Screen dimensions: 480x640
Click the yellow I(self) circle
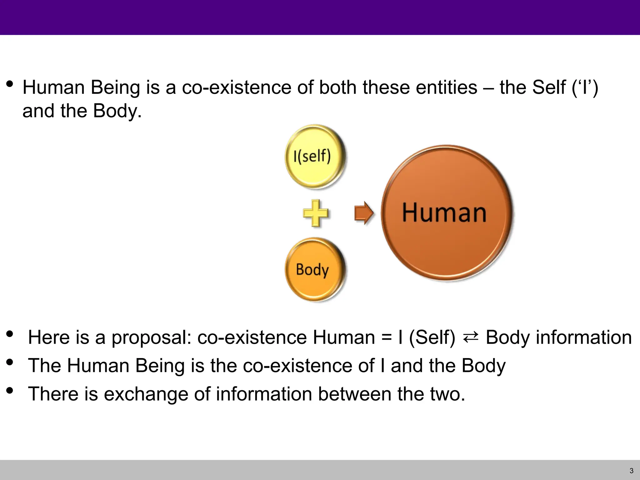315,156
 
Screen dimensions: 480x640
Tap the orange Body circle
315,269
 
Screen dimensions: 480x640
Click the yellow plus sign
316,213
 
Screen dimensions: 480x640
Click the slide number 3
631,471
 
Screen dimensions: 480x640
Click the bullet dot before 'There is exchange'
10,390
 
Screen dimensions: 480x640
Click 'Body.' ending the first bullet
117,111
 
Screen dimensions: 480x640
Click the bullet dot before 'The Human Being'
10,362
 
